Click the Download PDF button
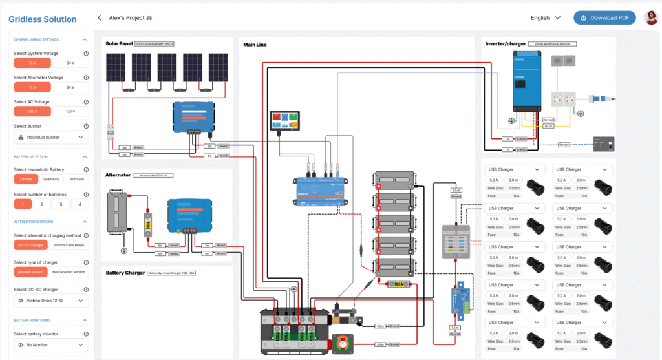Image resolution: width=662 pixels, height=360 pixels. [604, 18]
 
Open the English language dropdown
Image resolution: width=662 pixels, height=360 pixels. [545, 18]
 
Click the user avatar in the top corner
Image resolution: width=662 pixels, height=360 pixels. [650, 18]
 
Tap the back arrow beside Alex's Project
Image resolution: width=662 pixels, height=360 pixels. [99, 18]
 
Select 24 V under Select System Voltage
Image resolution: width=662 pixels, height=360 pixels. [70, 63]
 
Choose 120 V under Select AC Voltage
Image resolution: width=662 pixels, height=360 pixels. [70, 111]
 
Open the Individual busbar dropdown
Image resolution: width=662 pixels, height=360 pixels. [51, 138]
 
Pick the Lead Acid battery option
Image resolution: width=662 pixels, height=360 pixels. [52, 179]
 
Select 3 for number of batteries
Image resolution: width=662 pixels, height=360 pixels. [61, 204]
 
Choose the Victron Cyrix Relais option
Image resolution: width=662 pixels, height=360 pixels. [70, 245]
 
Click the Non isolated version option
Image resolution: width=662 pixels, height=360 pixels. [70, 272]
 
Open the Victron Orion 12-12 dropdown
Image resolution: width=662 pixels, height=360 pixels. [51, 301]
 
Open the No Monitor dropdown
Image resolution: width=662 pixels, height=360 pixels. [51, 346]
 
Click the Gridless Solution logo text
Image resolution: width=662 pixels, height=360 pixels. [43, 19]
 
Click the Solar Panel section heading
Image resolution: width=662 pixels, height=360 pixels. [118, 44]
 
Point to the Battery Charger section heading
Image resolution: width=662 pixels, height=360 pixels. [125, 273]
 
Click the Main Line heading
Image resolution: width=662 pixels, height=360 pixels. [255, 45]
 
